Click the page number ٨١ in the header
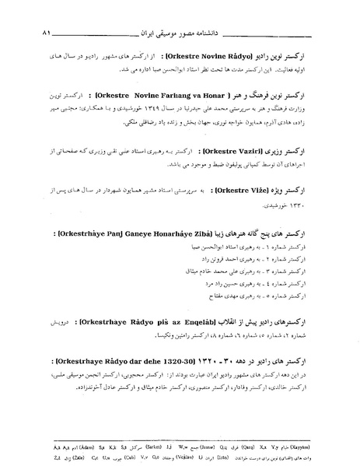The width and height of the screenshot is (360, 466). coord(45,35)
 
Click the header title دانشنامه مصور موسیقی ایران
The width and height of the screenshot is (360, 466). coord(183,35)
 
